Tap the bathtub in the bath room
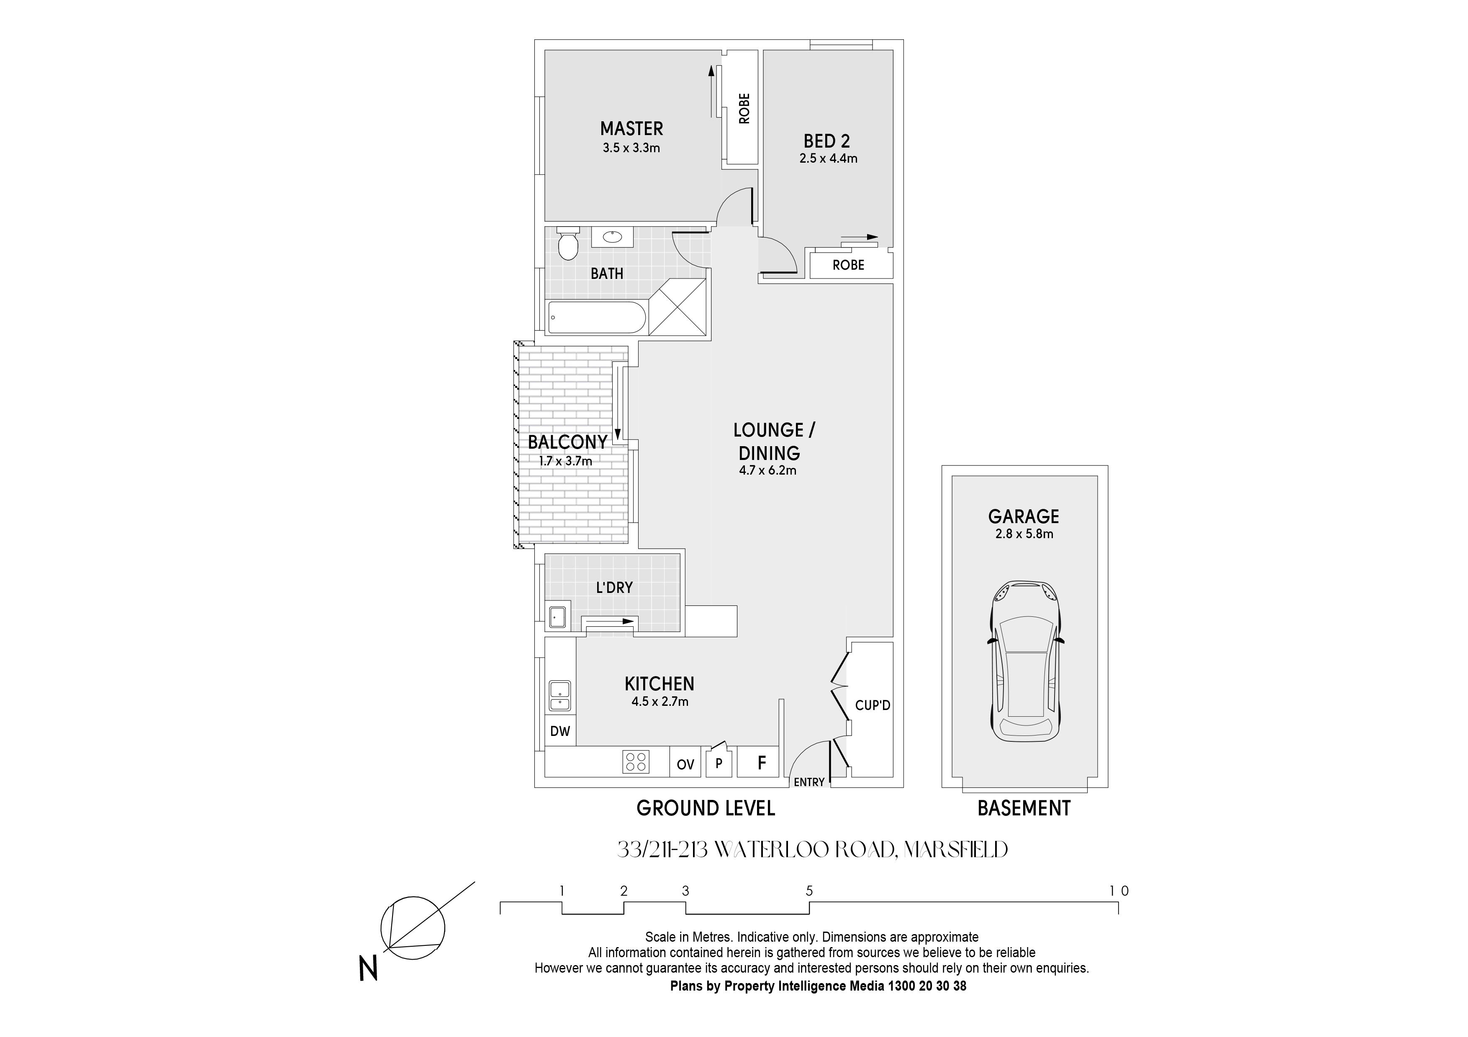[x=597, y=317]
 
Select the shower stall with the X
[x=678, y=306]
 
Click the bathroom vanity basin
[x=613, y=237]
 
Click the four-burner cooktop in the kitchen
[x=636, y=761]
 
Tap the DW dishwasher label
[x=560, y=731]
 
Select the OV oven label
[x=685, y=764]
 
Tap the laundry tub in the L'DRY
[x=557, y=617]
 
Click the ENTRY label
[x=809, y=782]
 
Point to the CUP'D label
[x=873, y=705]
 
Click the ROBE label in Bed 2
[x=848, y=265]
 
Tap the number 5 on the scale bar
[x=809, y=891]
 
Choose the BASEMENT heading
[x=1024, y=808]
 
